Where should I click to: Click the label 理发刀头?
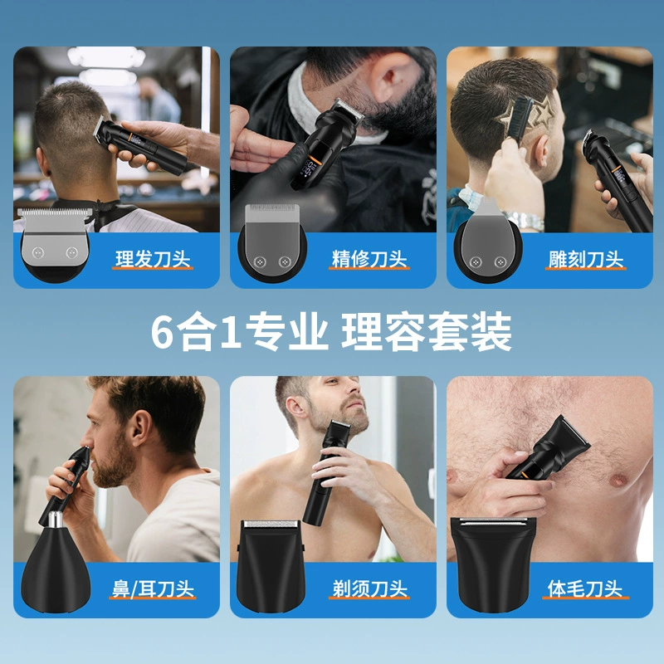point(153,259)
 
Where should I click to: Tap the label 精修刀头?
point(369,259)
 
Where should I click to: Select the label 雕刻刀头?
point(586,259)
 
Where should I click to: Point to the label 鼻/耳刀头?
point(153,588)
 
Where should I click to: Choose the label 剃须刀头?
point(369,588)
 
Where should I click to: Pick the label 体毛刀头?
point(585,588)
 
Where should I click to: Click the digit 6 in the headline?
point(162,331)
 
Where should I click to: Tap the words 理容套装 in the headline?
point(427,331)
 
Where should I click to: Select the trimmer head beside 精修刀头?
point(272,242)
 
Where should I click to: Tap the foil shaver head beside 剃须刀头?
point(271,565)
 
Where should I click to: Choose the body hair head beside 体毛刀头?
point(493,564)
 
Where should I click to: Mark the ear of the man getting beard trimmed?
point(393,78)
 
